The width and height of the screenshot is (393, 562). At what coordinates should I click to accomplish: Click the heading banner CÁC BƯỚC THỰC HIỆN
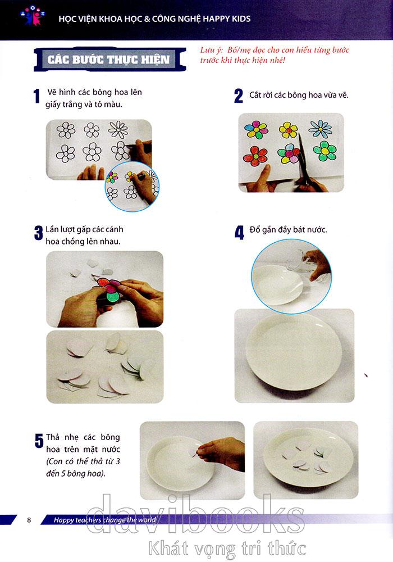109,59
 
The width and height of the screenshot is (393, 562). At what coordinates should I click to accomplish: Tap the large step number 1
36,97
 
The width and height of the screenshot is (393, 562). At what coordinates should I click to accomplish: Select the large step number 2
239,97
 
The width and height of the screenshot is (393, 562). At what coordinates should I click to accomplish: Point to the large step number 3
38,233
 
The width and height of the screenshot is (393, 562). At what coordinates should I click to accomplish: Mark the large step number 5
39,441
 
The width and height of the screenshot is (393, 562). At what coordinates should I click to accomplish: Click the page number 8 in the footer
29,520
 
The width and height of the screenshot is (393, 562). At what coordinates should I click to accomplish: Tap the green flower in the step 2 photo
325,151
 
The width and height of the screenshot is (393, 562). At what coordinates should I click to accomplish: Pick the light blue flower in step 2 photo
320,129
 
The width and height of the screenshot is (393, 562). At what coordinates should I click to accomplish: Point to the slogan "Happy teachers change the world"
104,520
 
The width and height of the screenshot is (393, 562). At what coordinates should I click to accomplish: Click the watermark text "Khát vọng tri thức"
227,549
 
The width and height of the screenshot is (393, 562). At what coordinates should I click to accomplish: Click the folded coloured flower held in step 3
110,289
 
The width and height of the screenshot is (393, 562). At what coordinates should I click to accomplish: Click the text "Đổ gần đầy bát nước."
288,229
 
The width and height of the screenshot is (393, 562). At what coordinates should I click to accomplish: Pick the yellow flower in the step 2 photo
288,130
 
